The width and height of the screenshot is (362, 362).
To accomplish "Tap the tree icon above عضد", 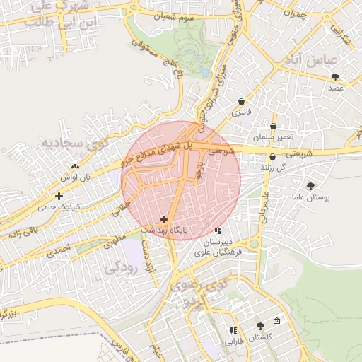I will coord(335,77).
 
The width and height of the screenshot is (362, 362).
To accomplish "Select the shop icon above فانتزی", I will coord(243,102).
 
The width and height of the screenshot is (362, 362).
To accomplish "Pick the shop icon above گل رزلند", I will coord(272,157).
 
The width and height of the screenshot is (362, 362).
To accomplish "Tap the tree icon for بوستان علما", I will coord(311,185).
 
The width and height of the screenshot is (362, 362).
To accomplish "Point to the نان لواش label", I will coord(76,177).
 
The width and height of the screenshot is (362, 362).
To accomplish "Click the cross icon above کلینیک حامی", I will coord(59,195).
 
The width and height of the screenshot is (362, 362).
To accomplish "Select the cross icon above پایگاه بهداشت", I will coord(164,219).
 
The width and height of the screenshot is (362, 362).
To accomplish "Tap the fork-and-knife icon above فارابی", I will coord(233,330).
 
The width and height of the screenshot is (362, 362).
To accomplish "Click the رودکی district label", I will coord(119,269).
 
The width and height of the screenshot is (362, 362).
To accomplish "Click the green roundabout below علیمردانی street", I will coord(254,244).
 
